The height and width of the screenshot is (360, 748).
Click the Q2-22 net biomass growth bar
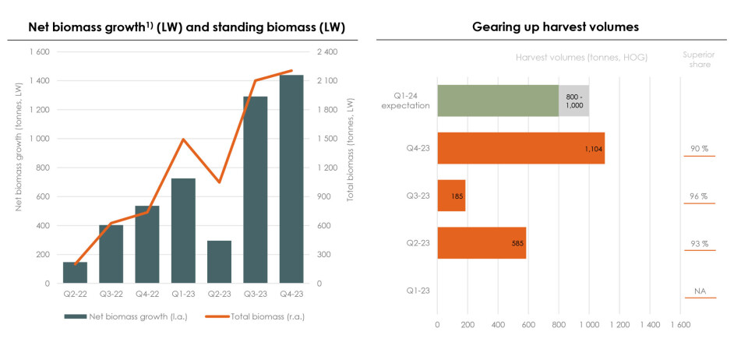point(76,273)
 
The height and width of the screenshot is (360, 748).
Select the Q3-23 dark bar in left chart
point(256,190)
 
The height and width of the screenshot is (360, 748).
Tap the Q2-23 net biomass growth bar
point(220,262)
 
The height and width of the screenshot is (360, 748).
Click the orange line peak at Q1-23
point(184,139)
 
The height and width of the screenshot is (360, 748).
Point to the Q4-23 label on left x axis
point(291,295)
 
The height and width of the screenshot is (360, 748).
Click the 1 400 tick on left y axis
point(40,81)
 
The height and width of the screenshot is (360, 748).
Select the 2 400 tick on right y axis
point(327,52)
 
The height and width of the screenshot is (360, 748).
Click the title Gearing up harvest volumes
point(556,27)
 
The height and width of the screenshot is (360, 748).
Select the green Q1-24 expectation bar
point(498,101)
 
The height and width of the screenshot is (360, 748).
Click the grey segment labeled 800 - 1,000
point(573,101)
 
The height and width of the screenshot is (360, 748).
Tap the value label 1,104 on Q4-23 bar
point(592,148)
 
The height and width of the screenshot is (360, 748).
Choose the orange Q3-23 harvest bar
point(451,196)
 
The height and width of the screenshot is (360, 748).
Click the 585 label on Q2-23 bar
point(515,243)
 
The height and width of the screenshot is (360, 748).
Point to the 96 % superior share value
point(699,196)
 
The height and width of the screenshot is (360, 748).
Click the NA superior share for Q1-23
point(699,291)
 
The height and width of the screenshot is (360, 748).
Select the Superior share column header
point(699,59)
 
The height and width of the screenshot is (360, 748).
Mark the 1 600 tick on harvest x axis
point(679,325)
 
